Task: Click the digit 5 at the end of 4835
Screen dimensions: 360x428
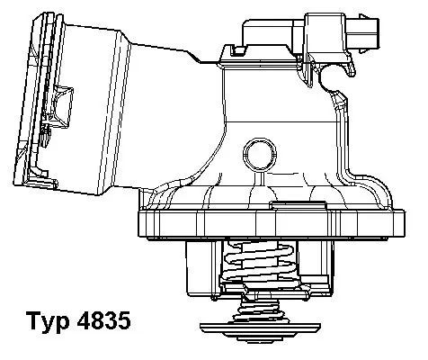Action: tap(125, 323)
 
